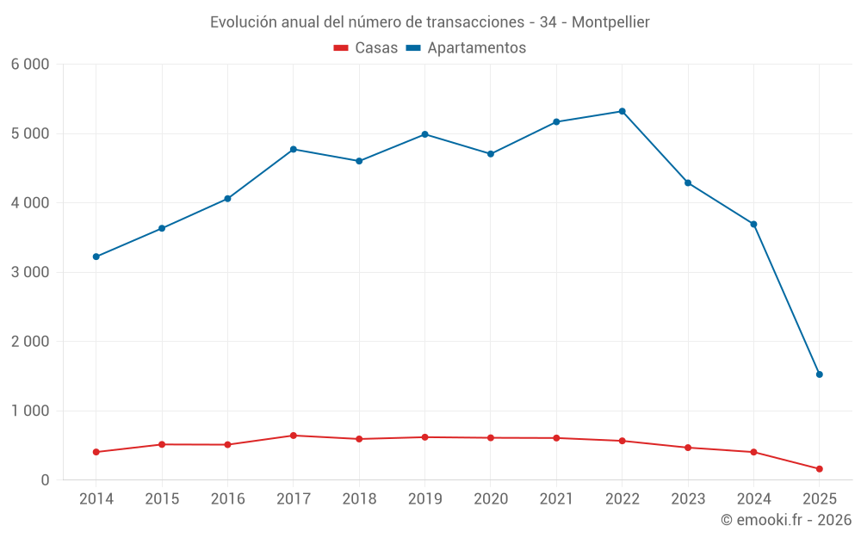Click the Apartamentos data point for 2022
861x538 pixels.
point(622,111)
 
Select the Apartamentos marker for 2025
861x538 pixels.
point(819,374)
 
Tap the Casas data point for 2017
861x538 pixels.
point(293,436)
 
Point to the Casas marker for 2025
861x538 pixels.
point(819,469)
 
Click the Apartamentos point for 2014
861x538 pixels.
point(96,257)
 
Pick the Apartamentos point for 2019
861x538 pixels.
point(424,134)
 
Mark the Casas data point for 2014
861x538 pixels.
point(96,452)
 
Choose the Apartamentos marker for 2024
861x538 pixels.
point(753,224)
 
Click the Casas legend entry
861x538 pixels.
point(366,48)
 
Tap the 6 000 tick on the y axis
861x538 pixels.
point(30,65)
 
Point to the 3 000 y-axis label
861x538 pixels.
point(30,272)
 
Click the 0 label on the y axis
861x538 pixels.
point(45,480)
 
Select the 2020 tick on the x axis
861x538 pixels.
point(490,499)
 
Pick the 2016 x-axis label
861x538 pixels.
point(227,499)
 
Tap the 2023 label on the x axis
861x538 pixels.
point(687,499)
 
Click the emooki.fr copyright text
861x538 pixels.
point(786,520)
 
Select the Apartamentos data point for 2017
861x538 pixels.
point(293,149)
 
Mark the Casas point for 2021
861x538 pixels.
point(556,438)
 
